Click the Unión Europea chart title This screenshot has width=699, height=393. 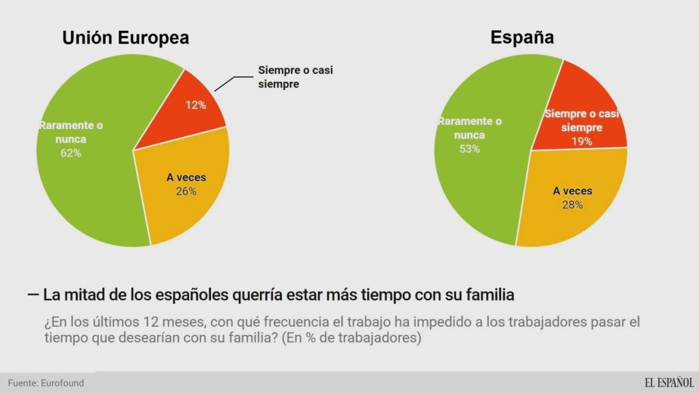(126, 38)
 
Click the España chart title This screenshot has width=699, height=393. (522, 38)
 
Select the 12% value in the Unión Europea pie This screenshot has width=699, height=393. (196, 105)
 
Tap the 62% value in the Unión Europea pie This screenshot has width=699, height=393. (70, 153)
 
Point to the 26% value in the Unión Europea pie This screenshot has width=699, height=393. (186, 191)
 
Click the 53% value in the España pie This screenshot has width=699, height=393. (470, 149)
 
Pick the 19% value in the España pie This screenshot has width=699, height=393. (582, 142)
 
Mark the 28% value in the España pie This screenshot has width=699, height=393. (572, 205)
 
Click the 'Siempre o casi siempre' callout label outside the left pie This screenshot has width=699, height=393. (296, 77)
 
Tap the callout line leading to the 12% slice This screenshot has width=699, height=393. (229, 82)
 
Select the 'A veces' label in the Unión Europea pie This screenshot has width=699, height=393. (186, 177)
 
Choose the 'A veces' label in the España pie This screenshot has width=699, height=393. (572, 191)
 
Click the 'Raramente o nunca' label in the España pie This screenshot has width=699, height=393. (470, 128)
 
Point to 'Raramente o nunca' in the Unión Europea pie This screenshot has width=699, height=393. (70, 132)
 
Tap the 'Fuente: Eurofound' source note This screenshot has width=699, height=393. (46, 383)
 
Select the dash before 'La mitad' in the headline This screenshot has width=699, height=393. (32, 295)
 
